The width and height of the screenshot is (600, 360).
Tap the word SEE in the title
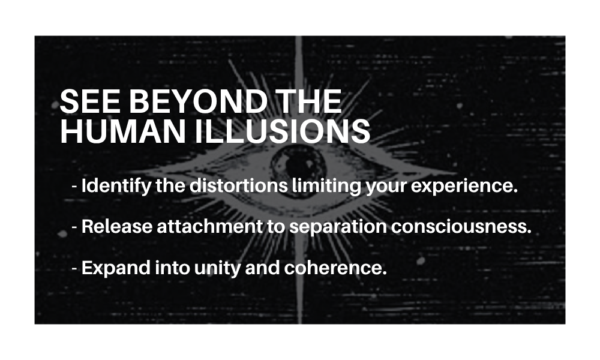[91, 101]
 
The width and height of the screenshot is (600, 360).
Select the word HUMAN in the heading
[123, 131]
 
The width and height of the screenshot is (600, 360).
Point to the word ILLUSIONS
[283, 131]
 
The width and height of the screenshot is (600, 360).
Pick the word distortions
[239, 185]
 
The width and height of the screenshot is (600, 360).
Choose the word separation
[338, 227]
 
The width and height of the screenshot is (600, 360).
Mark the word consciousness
[461, 226]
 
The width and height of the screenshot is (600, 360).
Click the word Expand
[116, 268]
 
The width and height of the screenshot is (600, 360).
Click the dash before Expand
[74, 269]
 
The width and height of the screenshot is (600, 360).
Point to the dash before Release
[74, 227]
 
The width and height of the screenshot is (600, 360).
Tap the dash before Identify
[74, 187]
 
